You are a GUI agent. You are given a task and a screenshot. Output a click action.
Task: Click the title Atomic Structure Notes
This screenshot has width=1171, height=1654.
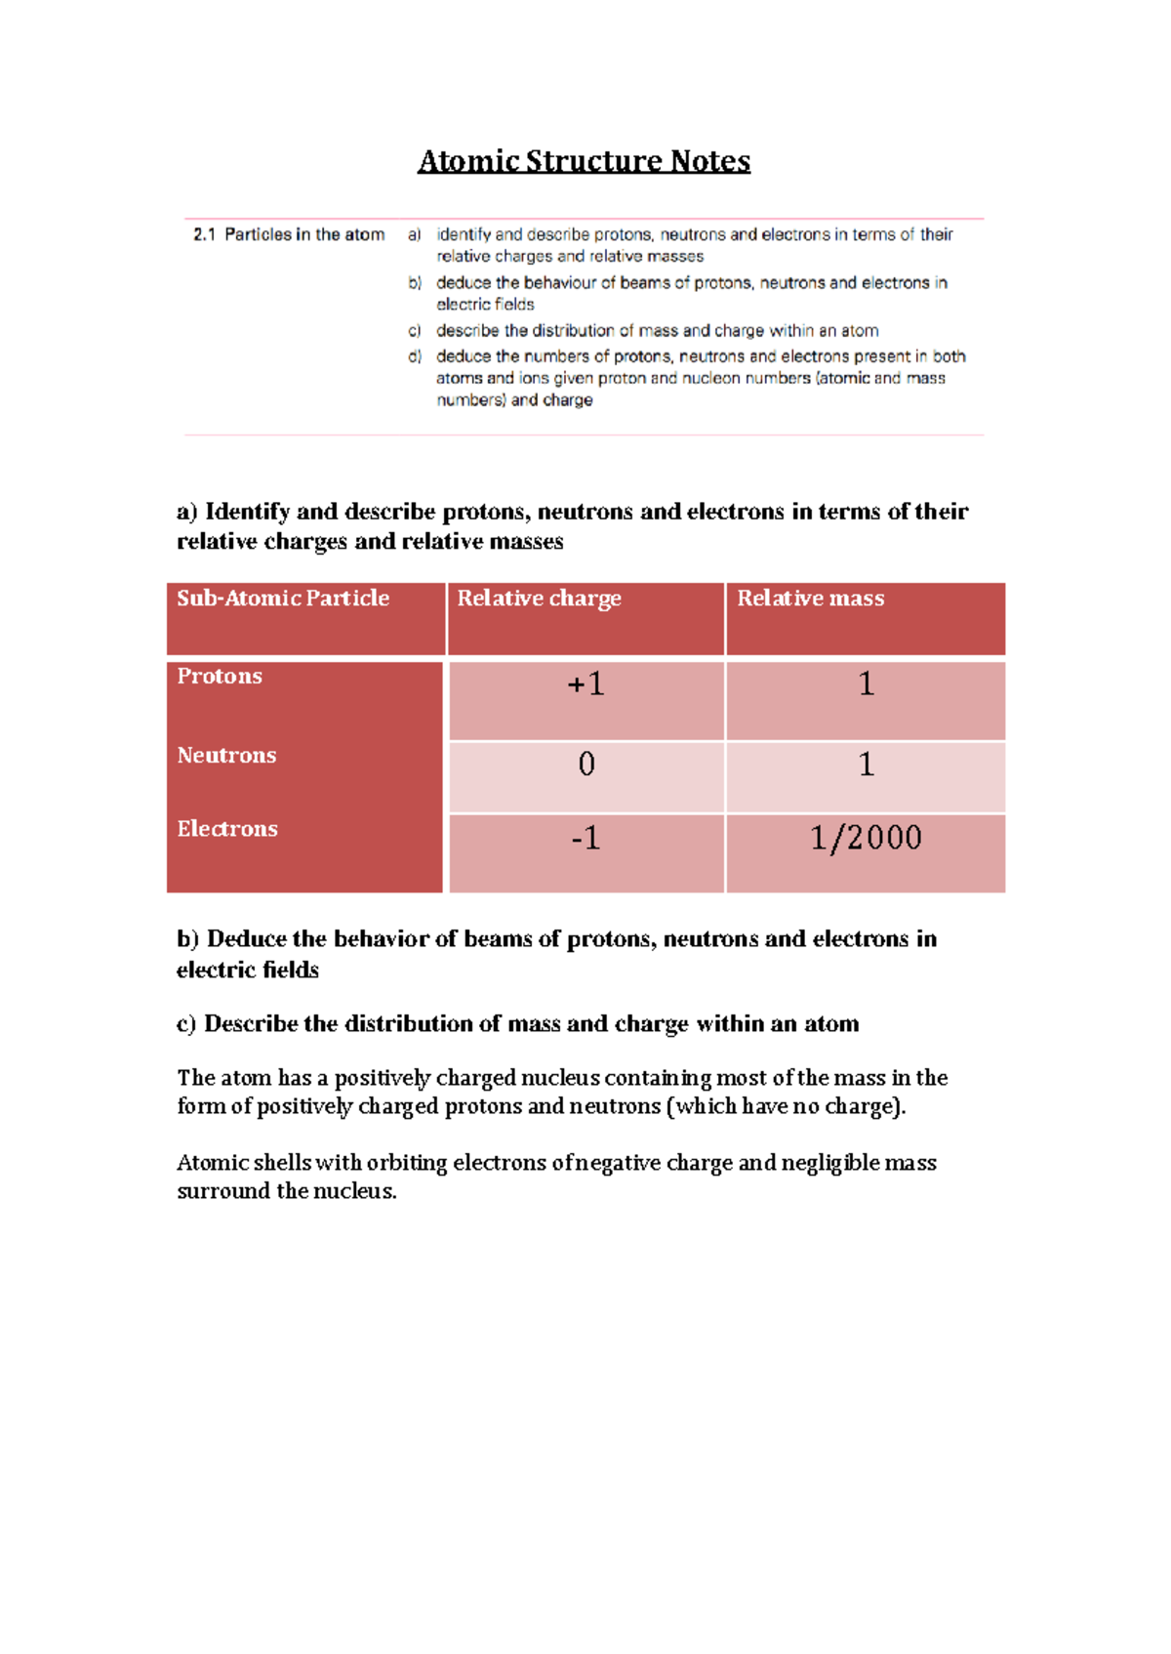[x=584, y=160]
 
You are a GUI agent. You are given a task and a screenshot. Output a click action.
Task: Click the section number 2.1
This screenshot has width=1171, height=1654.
[x=204, y=234]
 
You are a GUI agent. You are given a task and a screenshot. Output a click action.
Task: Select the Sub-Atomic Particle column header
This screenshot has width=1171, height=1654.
[x=283, y=598]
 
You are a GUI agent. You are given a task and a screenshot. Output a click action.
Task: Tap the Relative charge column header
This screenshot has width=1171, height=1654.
[x=539, y=598]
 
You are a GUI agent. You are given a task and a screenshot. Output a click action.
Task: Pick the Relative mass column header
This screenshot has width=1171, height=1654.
[x=810, y=598]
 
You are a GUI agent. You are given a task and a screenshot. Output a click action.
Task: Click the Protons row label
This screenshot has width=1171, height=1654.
[x=220, y=676]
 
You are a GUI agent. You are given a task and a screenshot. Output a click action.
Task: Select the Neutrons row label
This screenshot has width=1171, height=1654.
[x=226, y=755]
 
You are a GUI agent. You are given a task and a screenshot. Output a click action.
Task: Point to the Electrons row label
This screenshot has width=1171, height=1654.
[x=227, y=828]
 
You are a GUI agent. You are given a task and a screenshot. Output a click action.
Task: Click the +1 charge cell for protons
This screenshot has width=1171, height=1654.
[x=585, y=684]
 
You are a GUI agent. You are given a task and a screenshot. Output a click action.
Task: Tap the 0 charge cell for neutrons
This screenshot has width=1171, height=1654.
[x=585, y=764]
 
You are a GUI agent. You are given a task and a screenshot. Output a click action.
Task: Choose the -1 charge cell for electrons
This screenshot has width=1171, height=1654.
[x=585, y=838]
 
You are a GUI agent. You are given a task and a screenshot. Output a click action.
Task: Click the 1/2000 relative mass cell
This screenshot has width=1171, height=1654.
[x=866, y=838]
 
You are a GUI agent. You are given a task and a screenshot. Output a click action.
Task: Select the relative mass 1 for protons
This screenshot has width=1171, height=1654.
[x=866, y=684]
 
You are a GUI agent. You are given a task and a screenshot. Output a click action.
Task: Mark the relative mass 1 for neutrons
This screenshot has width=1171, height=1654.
[x=866, y=764]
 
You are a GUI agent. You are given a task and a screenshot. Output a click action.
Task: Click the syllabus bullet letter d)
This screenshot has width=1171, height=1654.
[x=415, y=356]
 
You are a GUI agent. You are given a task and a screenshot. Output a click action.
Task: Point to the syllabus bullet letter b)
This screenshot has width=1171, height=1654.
[x=415, y=283]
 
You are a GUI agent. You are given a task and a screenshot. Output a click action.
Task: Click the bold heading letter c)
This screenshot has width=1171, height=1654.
[x=186, y=1023]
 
